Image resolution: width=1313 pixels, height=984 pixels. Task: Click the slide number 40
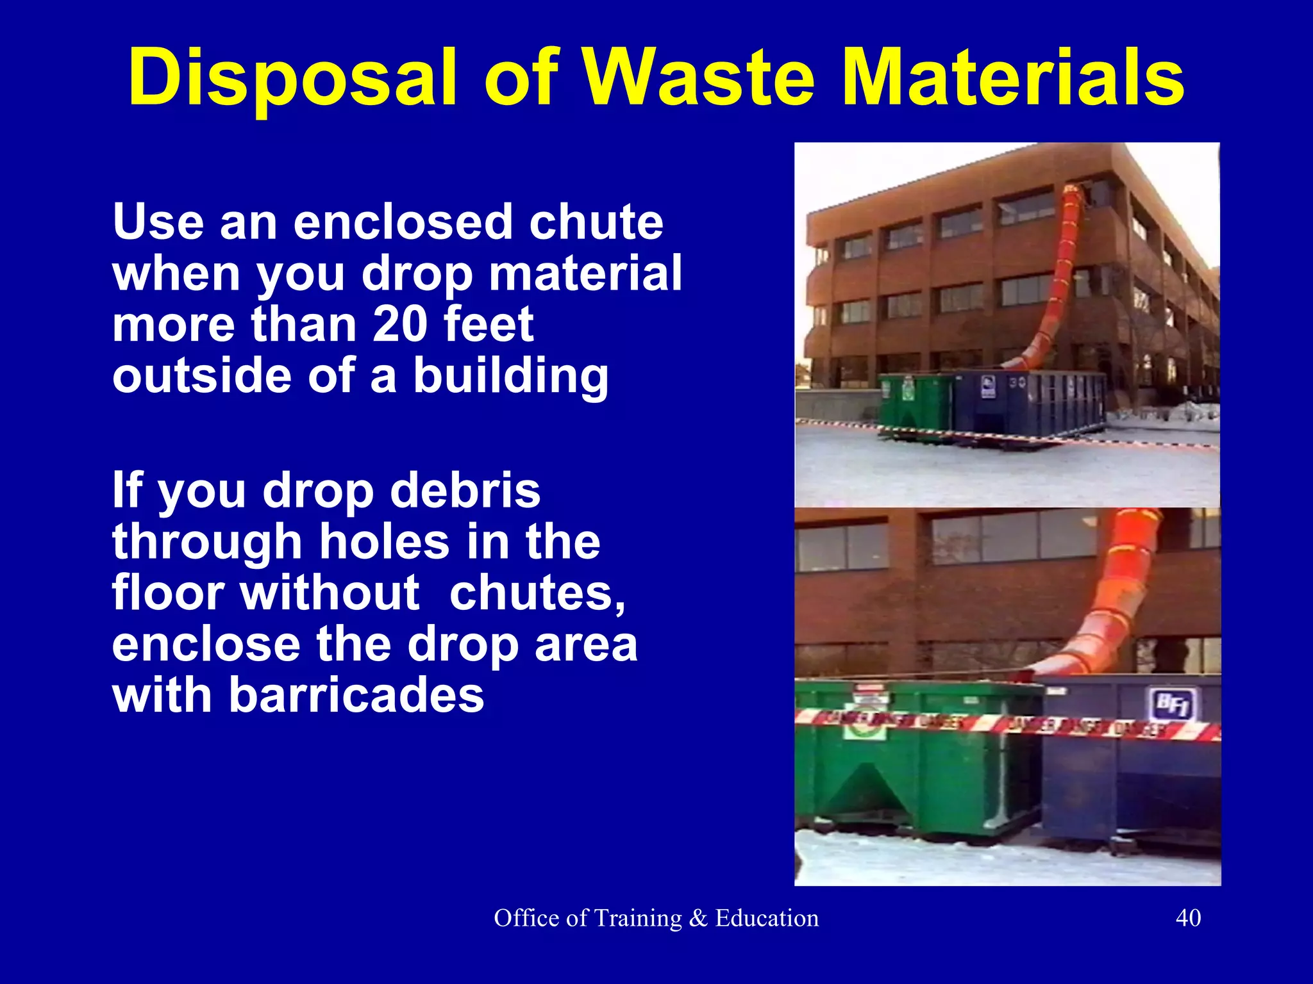coord(1188,918)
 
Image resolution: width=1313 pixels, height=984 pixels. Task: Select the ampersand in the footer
coord(698,918)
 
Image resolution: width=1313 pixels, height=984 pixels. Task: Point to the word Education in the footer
coord(767,918)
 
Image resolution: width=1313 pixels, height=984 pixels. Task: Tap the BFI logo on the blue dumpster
coord(1175,704)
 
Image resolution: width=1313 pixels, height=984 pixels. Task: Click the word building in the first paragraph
coord(510,376)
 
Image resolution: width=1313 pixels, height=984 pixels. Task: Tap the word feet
coord(488,324)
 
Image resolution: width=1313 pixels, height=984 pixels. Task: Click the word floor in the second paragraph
coord(169,593)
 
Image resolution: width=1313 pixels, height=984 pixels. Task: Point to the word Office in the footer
coord(528,918)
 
